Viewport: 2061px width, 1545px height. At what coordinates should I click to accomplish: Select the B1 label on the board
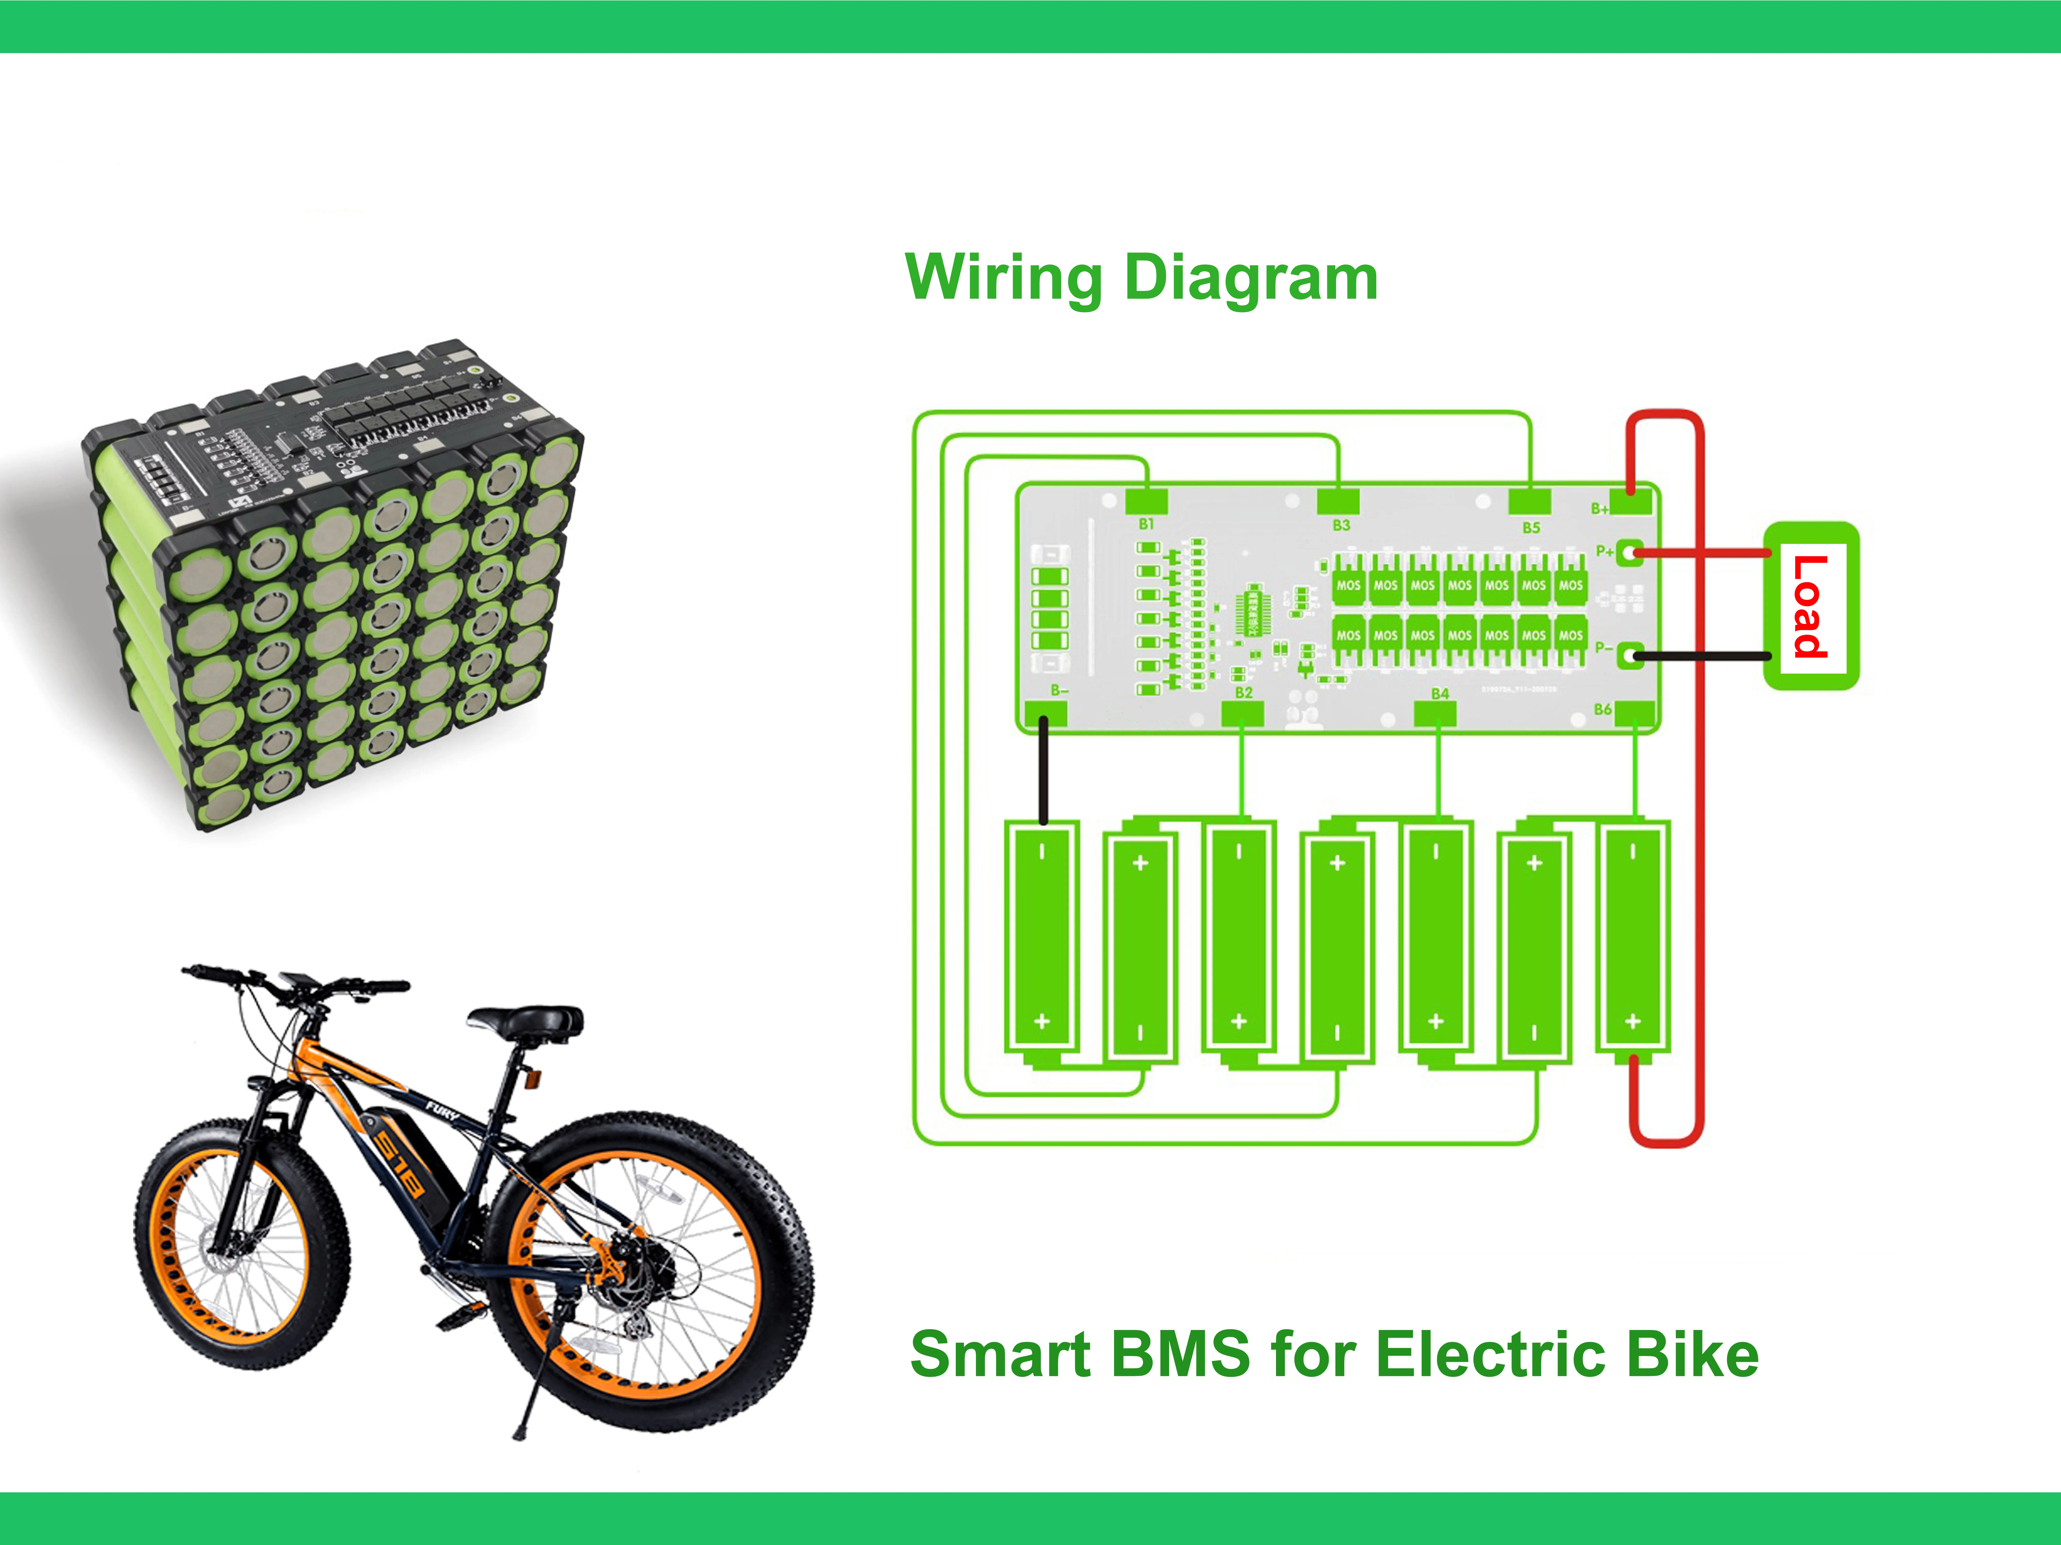(1146, 524)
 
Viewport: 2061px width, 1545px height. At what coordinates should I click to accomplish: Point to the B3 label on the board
(1341, 525)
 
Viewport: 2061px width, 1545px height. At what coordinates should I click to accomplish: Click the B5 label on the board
(1531, 527)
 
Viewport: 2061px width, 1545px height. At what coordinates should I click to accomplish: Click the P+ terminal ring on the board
(1629, 552)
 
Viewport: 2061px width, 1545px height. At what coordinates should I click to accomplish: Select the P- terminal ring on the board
(1629, 656)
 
